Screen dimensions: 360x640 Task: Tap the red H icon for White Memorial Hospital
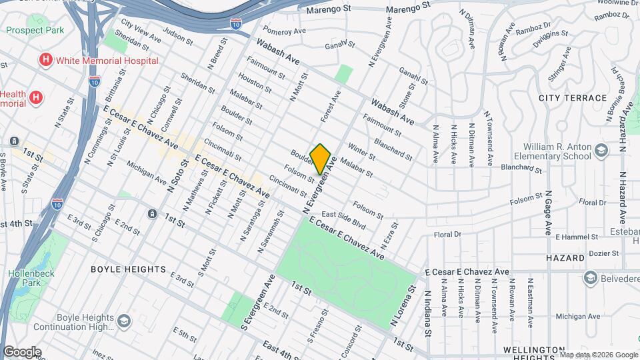tap(45, 60)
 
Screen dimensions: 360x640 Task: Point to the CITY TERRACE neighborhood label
tap(573, 97)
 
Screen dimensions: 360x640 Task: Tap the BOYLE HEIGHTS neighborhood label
tap(128, 269)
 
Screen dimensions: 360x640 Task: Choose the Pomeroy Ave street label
tap(284, 31)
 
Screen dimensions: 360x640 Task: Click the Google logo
tap(22, 352)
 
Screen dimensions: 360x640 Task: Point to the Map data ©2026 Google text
tap(599, 354)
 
